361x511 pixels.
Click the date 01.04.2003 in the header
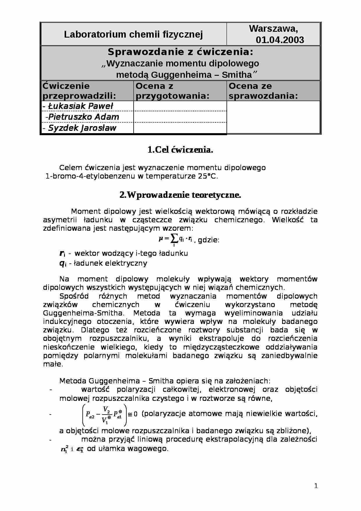click(x=280, y=40)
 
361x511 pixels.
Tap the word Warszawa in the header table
click(x=273, y=29)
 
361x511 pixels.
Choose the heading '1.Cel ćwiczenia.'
click(x=180, y=150)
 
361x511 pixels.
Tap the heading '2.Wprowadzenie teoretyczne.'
click(x=180, y=195)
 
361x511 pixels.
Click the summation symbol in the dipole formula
click(x=174, y=239)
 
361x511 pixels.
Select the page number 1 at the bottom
click(x=316, y=486)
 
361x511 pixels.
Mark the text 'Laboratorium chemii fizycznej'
click(x=133, y=34)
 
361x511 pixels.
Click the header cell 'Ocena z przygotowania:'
click(x=172, y=91)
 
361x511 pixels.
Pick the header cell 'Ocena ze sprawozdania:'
click(x=263, y=91)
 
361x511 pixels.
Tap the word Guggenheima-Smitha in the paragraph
click(x=83, y=313)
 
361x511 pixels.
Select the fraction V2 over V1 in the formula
click(x=106, y=414)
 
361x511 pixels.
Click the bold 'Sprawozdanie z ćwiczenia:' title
click(x=180, y=52)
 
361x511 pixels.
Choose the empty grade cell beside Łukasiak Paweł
click(x=180, y=106)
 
